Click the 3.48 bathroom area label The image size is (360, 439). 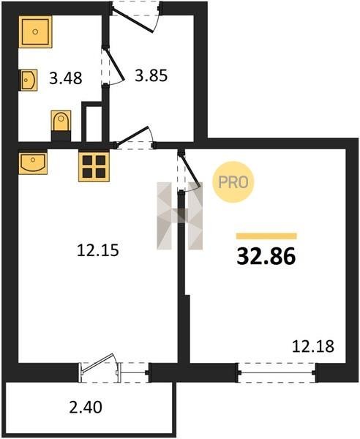tap(66, 78)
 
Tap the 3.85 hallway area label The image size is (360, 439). tap(151, 75)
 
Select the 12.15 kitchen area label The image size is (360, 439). tap(98, 250)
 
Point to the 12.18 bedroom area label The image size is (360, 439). tap(313, 346)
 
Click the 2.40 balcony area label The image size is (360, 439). tap(86, 408)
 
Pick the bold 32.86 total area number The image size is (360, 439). tap(266, 257)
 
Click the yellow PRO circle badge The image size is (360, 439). tap(233, 182)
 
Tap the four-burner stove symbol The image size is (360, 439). tap(94, 166)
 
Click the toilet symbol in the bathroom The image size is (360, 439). tap(61, 126)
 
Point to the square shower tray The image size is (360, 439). tap(35, 31)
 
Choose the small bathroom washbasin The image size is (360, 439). tap(28, 80)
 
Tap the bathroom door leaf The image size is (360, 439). tap(114, 64)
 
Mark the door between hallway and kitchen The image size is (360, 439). tap(131, 136)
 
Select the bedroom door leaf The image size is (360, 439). tap(191, 170)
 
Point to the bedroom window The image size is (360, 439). tap(277, 372)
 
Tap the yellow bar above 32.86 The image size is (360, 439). tap(266, 236)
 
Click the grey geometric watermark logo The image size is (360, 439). tap(180, 216)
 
